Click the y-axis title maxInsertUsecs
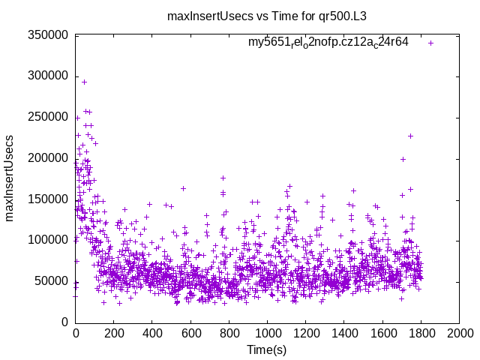10,178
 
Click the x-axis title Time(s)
266,349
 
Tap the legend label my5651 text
328,43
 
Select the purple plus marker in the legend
430,43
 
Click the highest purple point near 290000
84,82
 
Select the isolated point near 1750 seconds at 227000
410,136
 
